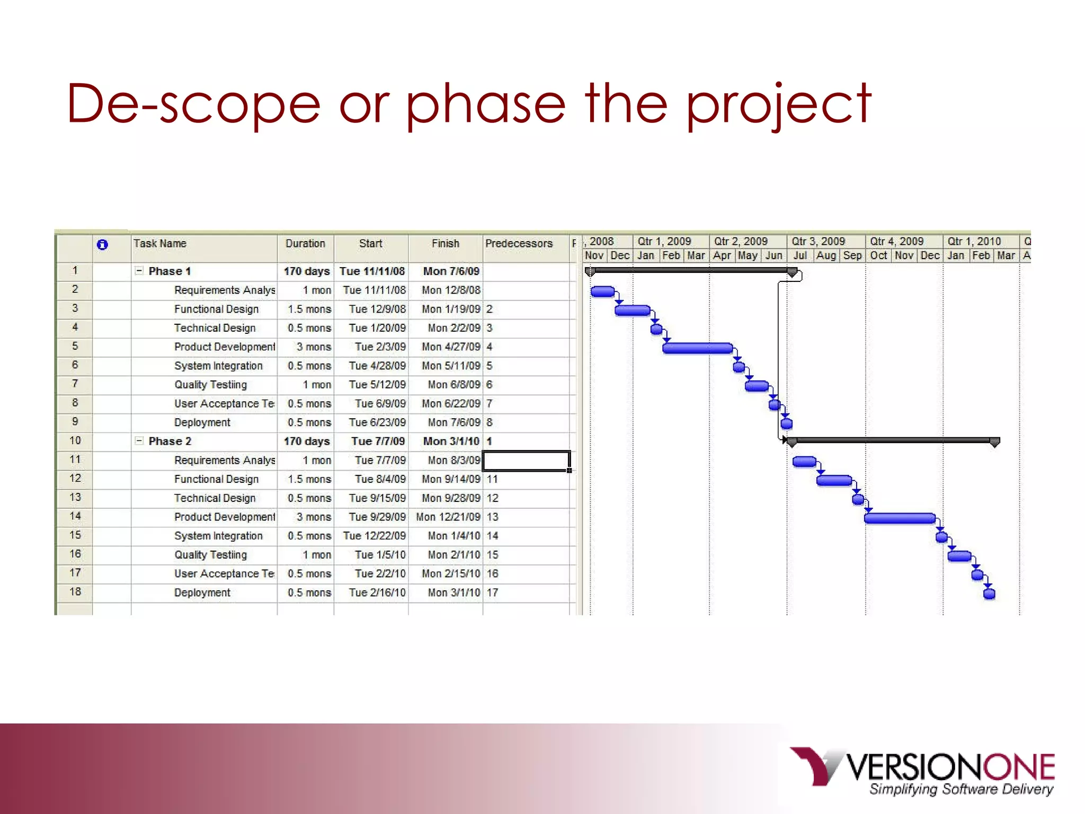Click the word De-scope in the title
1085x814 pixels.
[x=193, y=104]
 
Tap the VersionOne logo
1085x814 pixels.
[x=922, y=771]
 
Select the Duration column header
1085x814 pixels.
[x=305, y=244]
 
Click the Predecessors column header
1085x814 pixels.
[x=519, y=244]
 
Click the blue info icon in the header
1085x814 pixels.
[x=102, y=244]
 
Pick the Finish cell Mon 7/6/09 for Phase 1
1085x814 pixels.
[x=451, y=271]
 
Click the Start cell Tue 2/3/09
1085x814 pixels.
[x=380, y=347]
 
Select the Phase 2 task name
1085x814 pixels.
[x=170, y=441]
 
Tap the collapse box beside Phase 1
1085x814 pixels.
[x=139, y=271]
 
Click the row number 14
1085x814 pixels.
[x=75, y=516]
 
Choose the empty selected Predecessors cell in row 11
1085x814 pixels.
[x=526, y=461]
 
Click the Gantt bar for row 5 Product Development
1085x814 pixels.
[x=697, y=348]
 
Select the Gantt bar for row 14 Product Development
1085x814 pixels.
[x=899, y=518]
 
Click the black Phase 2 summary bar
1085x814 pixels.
[x=893, y=440]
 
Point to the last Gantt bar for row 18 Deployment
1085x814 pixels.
[x=989, y=594]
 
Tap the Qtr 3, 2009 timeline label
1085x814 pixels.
[x=818, y=242]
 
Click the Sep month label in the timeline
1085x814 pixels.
[x=852, y=255]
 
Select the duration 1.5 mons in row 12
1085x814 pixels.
[x=309, y=480]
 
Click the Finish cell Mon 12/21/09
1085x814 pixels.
[x=448, y=517]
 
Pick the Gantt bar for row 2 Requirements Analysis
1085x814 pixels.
[x=602, y=291]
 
